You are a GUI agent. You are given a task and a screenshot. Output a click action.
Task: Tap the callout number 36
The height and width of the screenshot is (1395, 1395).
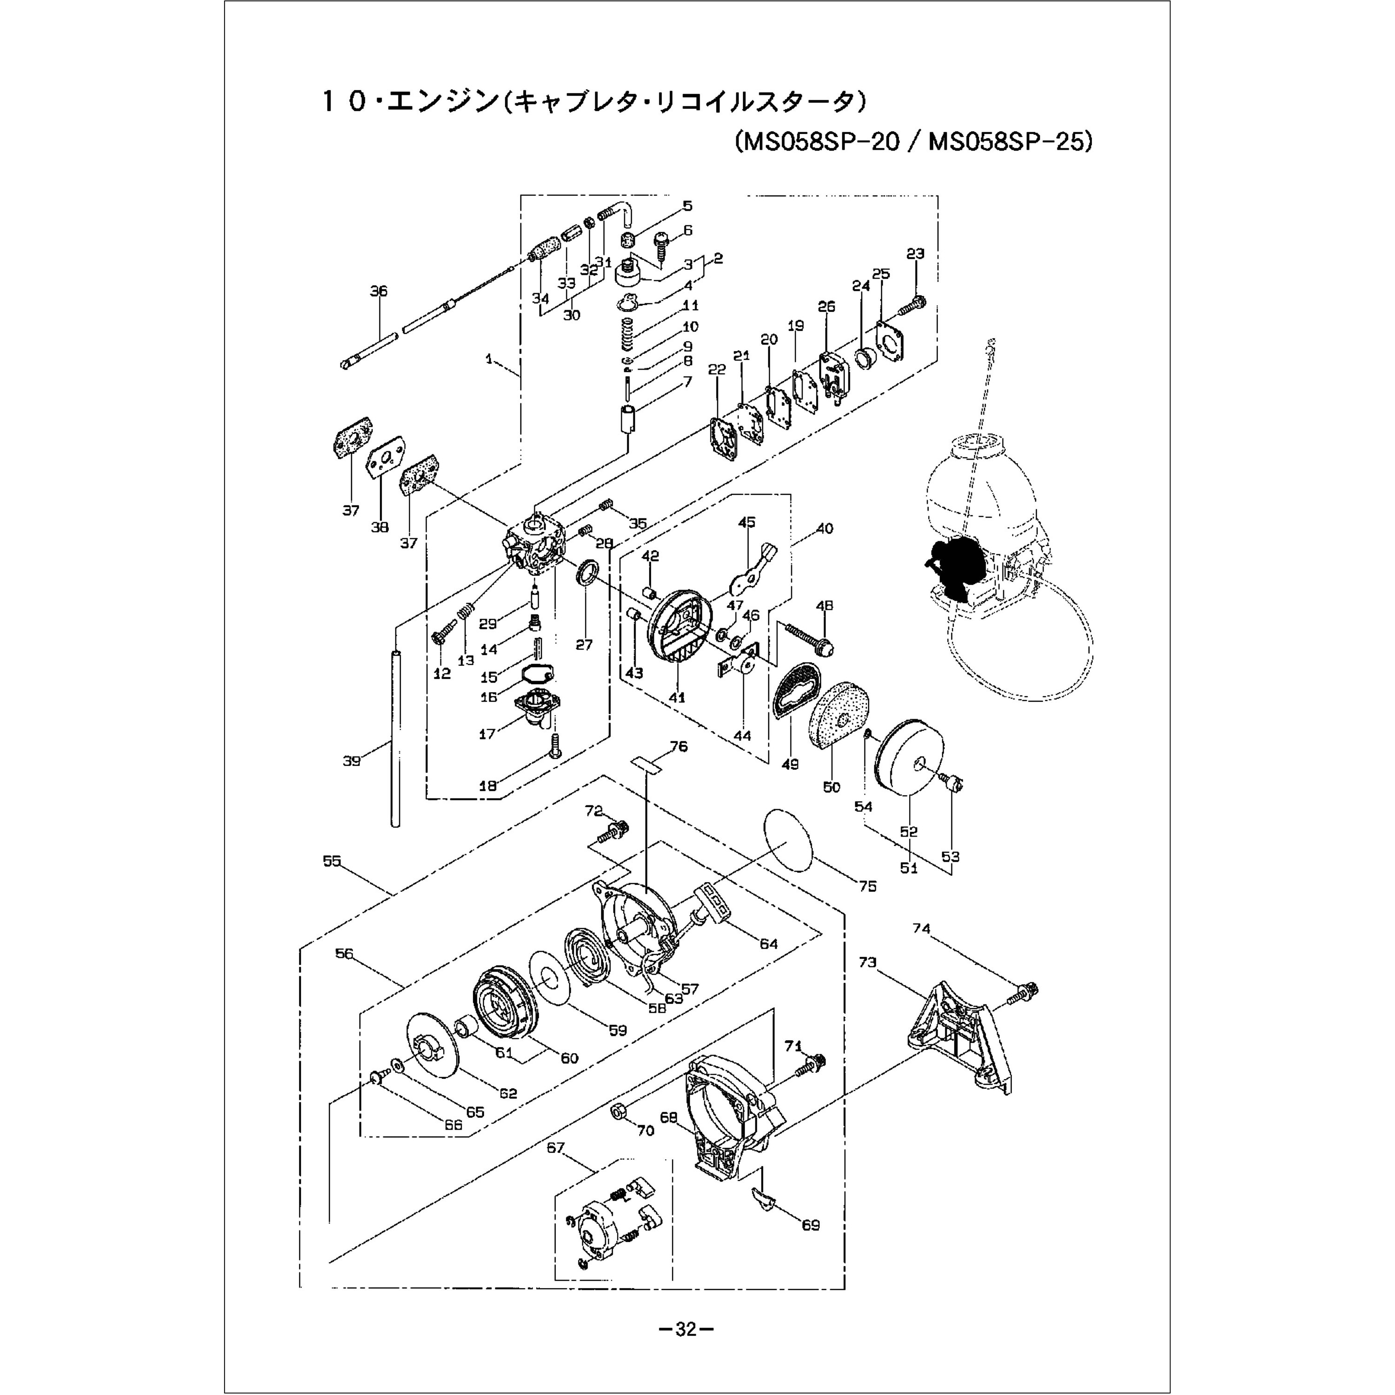379,291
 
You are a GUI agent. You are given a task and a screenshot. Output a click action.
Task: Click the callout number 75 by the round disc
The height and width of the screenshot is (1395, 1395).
867,886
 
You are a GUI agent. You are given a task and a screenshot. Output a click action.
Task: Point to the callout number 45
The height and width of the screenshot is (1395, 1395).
747,522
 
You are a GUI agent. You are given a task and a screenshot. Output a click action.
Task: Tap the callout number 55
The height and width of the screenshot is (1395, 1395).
332,861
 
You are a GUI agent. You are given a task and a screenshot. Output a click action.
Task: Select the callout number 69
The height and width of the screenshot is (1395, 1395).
811,1225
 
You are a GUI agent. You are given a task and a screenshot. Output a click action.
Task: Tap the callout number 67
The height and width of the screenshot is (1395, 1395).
555,1148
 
